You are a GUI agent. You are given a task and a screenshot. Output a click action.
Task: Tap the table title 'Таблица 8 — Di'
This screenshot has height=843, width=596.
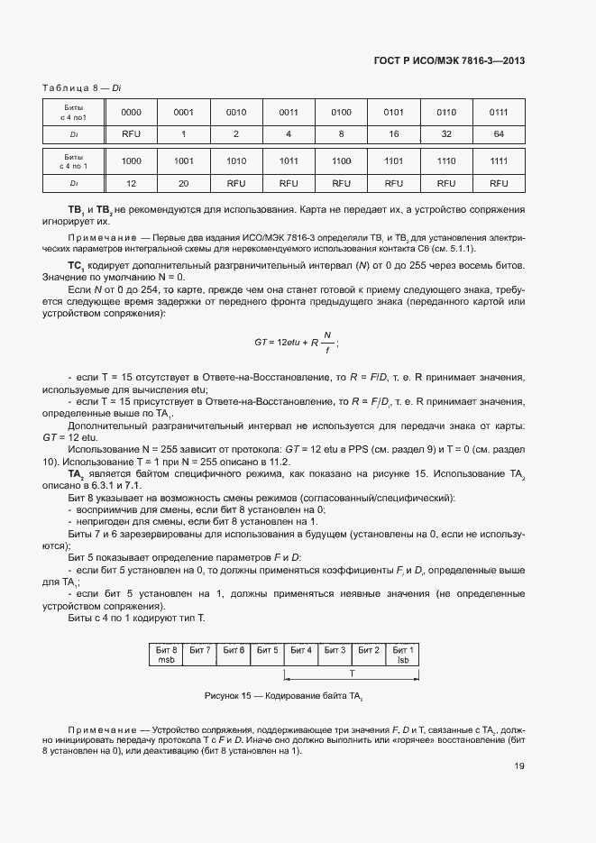(x=82, y=87)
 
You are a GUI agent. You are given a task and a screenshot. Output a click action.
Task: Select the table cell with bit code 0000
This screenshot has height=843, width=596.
(x=132, y=112)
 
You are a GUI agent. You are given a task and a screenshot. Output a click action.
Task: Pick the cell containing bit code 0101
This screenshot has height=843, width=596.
(x=393, y=112)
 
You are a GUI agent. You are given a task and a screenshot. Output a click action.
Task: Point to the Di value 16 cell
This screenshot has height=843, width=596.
(x=393, y=133)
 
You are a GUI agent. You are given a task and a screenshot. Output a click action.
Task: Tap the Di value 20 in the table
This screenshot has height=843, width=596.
(x=184, y=182)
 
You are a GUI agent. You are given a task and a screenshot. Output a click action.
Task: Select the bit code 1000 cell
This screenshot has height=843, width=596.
(x=132, y=160)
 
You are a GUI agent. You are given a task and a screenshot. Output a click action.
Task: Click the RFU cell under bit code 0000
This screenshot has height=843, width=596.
(x=132, y=133)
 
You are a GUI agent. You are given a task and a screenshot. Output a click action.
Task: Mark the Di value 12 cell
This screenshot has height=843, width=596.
(x=132, y=182)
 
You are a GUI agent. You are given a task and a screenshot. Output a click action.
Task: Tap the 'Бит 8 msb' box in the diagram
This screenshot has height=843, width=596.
(x=166, y=654)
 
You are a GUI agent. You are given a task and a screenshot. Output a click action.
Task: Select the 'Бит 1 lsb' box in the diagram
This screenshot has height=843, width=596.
(x=403, y=654)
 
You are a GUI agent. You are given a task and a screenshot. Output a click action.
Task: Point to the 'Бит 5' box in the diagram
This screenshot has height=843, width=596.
(x=267, y=650)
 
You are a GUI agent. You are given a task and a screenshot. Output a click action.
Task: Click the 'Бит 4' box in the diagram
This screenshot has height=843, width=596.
(x=300, y=650)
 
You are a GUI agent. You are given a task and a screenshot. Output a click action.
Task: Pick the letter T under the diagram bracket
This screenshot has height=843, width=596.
(x=352, y=673)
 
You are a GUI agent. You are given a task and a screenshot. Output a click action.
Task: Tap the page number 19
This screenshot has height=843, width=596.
(x=519, y=767)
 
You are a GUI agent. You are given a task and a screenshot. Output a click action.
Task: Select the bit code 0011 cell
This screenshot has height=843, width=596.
(x=289, y=112)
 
